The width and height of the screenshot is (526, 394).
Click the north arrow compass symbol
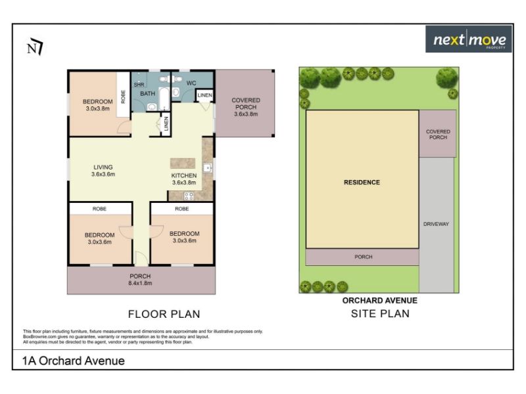tap(35, 47)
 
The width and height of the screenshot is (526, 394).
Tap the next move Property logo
tap(468, 39)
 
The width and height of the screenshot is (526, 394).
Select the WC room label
tap(191, 83)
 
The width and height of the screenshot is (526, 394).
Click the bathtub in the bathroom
tap(164, 98)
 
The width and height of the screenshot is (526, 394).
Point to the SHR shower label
tap(139, 85)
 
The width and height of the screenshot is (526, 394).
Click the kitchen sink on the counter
tap(208, 167)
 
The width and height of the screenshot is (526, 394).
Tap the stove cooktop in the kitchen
tap(189, 196)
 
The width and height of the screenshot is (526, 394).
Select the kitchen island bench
tap(183, 163)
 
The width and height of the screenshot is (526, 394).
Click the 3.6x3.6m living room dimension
tap(103, 174)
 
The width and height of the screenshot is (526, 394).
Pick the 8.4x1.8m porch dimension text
tap(140, 283)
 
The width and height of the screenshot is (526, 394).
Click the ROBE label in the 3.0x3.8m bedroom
tap(123, 97)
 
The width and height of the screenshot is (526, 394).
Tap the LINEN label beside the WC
tap(204, 95)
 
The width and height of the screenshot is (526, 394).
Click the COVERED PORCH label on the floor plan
tap(246, 104)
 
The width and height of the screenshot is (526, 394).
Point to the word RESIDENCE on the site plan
tap(362, 183)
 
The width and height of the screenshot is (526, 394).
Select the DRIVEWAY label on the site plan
tap(436, 224)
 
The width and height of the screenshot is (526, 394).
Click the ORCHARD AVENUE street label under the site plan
tap(380, 301)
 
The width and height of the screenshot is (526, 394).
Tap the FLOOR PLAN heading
tap(164, 315)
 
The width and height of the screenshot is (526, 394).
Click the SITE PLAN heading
tap(380, 314)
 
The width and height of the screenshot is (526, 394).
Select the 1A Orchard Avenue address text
tap(74, 361)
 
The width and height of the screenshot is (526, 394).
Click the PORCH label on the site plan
tap(364, 257)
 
